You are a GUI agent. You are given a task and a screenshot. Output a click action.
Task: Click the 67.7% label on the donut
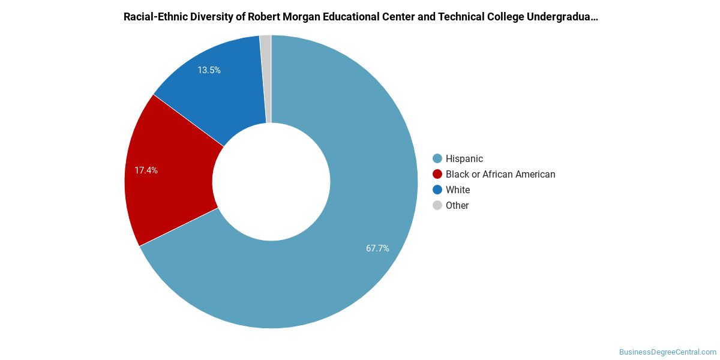coord(377,248)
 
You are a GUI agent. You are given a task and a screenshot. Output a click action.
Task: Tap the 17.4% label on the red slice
coord(146,170)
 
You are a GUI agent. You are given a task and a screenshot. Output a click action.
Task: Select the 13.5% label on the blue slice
coord(209,70)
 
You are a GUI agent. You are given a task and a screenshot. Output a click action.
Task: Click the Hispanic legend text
coord(464,159)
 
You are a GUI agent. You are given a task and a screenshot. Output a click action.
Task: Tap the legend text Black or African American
coord(500,174)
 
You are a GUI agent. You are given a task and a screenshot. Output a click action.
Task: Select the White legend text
coord(458,190)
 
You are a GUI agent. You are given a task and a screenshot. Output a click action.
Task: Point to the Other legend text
coord(457,205)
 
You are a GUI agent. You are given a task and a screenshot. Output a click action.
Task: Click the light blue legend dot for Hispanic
coord(437,158)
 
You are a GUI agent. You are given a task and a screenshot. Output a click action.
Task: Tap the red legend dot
coord(437,174)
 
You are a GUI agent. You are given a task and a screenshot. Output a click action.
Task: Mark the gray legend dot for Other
coord(437,205)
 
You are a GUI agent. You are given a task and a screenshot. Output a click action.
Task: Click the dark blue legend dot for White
coord(437,190)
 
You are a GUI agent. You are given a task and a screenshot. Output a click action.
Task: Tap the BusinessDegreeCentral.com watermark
coord(667,352)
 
